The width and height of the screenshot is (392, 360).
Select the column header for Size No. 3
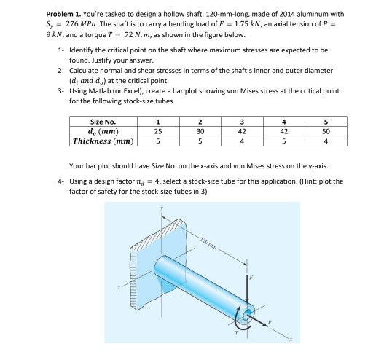pyautogui.click(x=242, y=122)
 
